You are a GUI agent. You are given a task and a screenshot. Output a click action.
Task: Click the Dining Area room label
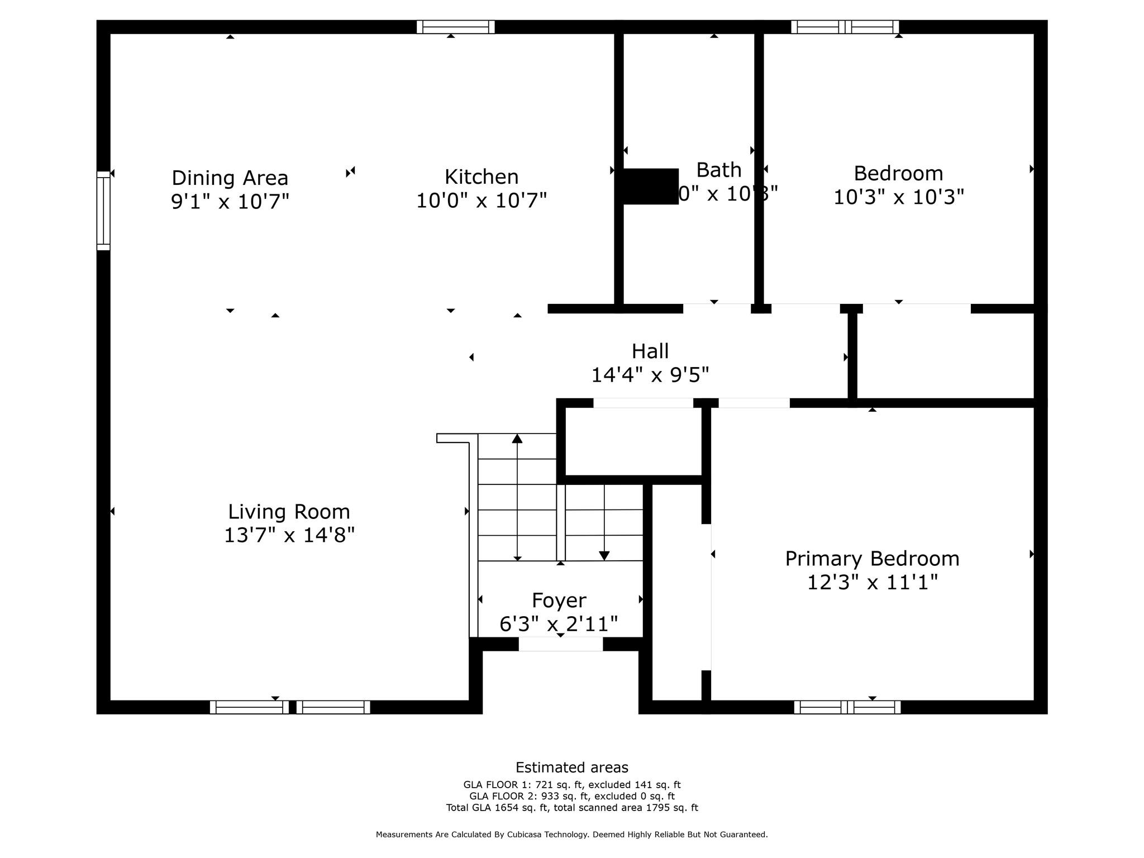230,178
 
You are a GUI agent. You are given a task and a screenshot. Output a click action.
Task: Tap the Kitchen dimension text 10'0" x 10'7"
481,200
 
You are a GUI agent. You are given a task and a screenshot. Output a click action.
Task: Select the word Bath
718,170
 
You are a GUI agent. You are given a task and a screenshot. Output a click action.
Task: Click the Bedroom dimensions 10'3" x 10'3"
898,197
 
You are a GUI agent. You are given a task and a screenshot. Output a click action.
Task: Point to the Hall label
650,351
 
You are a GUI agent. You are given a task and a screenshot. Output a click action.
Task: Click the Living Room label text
289,512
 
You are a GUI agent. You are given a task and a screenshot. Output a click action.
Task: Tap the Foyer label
559,600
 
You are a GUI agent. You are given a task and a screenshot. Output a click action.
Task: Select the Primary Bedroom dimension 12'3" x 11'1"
872,583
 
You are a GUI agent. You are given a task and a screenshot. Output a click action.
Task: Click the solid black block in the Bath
650,187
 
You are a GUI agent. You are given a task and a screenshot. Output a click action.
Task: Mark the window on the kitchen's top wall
455,27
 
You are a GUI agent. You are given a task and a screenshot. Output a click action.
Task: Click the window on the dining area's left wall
103,210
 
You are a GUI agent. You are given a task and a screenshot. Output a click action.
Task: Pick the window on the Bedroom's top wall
845,27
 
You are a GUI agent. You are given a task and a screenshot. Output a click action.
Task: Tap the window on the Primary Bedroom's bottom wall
847,707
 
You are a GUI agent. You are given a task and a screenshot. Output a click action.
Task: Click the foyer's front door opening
560,644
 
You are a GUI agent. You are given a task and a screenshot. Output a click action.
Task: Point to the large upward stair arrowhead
517,438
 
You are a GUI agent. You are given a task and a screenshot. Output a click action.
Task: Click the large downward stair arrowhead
604,555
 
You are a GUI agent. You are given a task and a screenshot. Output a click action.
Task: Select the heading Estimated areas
571,768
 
